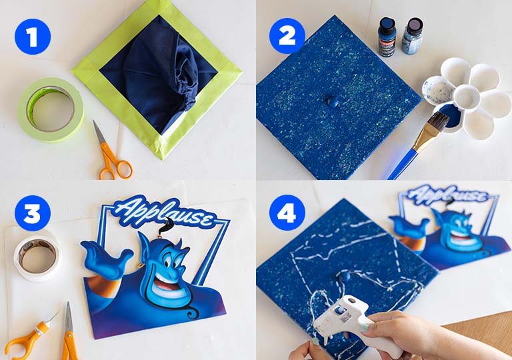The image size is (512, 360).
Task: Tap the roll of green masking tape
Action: point(49,109)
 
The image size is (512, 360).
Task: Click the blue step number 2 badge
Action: point(287,35)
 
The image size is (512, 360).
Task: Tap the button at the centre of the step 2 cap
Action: point(331,101)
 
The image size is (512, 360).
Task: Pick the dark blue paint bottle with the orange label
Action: point(387,37)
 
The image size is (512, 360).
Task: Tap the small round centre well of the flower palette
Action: point(466,97)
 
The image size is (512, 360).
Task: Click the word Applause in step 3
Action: point(163,213)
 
